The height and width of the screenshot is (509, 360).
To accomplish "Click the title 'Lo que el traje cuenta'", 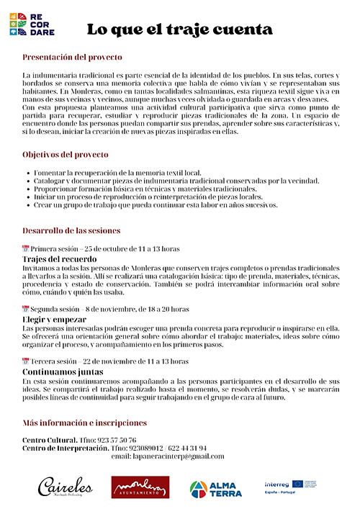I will (x=179, y=30).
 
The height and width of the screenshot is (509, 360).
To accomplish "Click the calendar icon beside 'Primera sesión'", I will (x=26, y=249).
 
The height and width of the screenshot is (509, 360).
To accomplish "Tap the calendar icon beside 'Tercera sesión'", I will (x=26, y=361).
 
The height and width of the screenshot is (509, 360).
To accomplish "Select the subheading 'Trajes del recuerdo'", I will (x=58, y=258).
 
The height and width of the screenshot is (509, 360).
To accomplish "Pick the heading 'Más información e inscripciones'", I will (x=84, y=423).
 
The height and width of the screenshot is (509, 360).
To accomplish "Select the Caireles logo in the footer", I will (x=64, y=486).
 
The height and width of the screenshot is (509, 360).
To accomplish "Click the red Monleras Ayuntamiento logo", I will (x=140, y=487).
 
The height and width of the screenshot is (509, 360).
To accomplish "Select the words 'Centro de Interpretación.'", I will (x=66, y=448).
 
